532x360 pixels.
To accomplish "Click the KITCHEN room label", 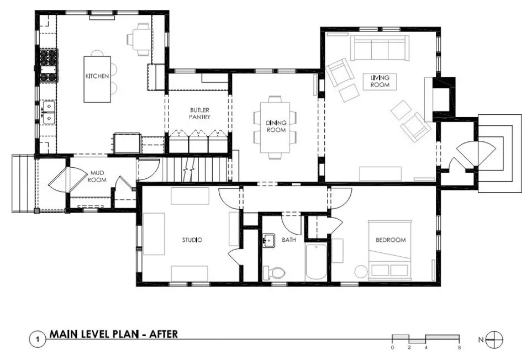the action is (x=97, y=76).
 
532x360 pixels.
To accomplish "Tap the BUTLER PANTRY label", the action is (x=199, y=114).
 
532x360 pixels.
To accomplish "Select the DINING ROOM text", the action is (x=276, y=126).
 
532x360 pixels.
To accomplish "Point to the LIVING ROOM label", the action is (x=380, y=81).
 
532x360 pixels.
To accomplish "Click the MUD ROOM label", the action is (x=97, y=176).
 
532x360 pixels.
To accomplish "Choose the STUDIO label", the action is (x=192, y=240).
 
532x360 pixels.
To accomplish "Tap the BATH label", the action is (x=289, y=240).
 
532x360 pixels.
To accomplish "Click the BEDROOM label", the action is (x=391, y=240).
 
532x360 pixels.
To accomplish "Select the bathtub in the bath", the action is (x=316, y=261).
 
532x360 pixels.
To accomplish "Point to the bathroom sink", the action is (x=268, y=241).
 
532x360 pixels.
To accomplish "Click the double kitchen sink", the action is (x=48, y=112).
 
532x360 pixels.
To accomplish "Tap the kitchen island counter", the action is (x=97, y=80).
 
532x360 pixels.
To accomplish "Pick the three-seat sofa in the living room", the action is (x=380, y=48).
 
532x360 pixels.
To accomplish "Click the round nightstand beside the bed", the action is (x=361, y=272).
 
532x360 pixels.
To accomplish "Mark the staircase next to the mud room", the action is (x=195, y=169).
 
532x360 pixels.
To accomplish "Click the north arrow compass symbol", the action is (x=494, y=340).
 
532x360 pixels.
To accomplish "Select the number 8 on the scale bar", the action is (x=459, y=347).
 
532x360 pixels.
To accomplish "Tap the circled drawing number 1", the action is (x=38, y=340).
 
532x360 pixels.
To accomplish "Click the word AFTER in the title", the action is (x=164, y=334).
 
